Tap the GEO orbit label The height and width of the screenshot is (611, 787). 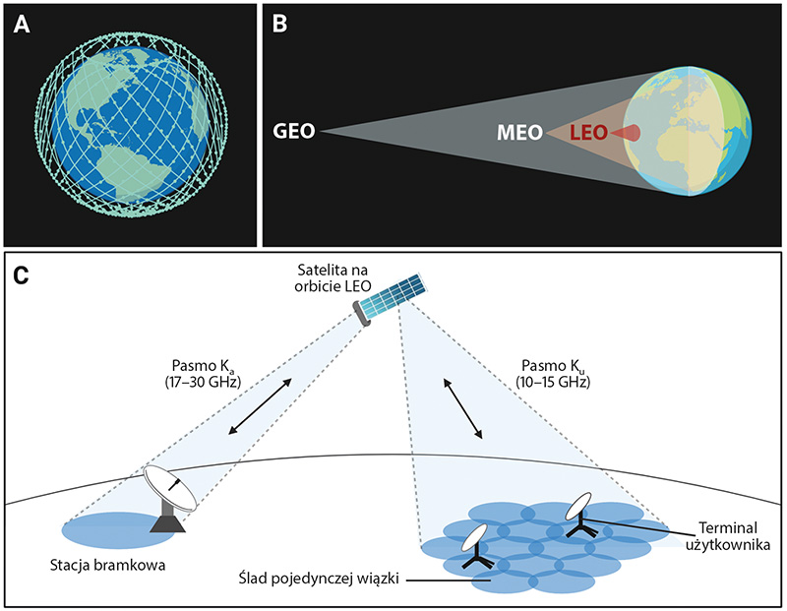pyautogui.click(x=293, y=131)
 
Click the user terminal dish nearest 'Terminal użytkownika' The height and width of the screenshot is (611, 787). pyautogui.click(x=580, y=512)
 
